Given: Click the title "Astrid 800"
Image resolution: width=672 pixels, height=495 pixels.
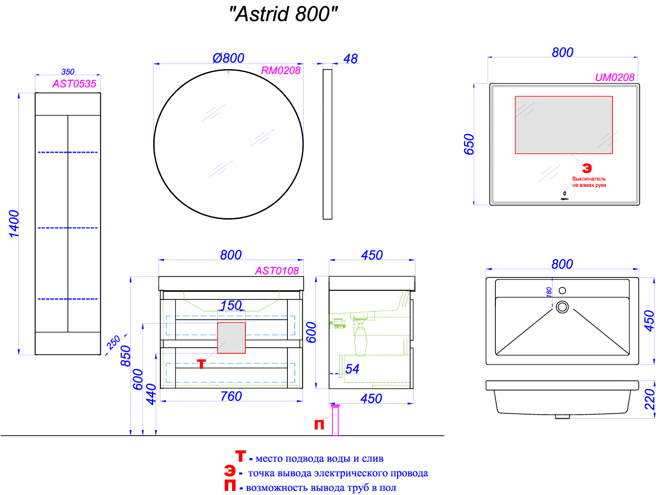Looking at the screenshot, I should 283,14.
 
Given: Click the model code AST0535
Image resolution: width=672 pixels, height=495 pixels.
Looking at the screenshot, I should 74,83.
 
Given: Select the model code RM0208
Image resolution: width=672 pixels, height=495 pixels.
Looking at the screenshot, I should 281,71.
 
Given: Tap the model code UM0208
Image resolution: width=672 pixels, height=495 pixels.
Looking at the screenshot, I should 614,77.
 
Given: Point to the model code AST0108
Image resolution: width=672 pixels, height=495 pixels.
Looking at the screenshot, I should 277,271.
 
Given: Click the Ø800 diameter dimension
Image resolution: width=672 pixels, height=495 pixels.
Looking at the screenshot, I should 228,58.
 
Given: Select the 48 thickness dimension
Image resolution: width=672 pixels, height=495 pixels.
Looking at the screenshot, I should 350,59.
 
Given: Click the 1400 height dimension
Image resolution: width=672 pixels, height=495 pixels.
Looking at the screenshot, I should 14,224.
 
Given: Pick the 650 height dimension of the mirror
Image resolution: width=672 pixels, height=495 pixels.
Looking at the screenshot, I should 469,144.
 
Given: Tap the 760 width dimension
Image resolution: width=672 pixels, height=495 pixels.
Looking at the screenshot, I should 231,396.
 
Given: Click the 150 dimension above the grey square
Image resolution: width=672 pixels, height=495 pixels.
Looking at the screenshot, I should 231,306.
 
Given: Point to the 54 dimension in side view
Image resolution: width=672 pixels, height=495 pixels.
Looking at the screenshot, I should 352,369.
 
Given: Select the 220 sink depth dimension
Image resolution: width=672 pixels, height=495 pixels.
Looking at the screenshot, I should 649,399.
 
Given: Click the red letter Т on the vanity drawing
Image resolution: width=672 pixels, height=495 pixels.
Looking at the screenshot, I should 201,364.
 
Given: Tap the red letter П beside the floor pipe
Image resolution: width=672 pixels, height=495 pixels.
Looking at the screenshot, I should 319,424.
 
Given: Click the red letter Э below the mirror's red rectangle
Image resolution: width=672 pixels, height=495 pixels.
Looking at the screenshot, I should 587,168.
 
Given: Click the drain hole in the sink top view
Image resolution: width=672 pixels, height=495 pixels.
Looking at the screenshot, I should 562,307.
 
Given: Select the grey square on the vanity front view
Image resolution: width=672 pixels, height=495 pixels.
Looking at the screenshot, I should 232,338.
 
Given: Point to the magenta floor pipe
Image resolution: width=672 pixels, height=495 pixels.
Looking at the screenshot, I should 335,420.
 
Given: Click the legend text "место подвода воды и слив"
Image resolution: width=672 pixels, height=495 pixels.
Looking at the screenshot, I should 319,459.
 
